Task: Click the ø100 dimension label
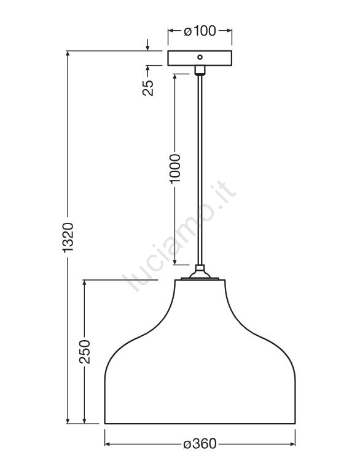point(200,31)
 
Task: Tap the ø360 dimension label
point(200,444)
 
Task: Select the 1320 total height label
point(68,237)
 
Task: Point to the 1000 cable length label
point(175,168)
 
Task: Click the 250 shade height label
point(85,351)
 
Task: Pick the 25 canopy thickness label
point(148,88)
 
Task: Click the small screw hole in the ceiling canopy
point(200,57)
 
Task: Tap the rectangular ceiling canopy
point(200,58)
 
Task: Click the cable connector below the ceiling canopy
point(200,70)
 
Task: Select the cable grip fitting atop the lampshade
point(200,271)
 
